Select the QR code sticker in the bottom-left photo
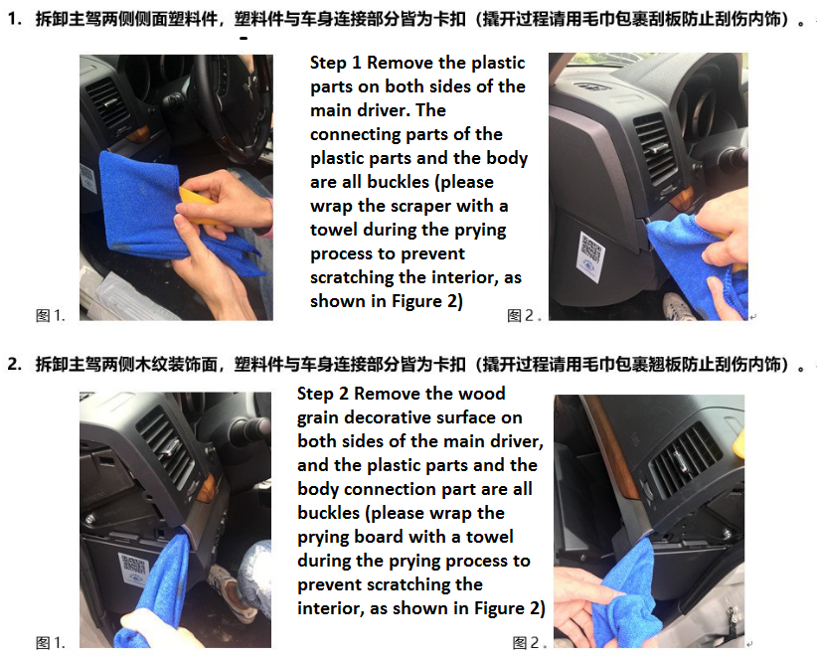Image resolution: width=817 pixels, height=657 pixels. [133, 570]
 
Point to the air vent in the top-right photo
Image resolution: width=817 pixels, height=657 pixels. [655, 148]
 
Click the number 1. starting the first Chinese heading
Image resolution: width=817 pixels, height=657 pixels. [15, 19]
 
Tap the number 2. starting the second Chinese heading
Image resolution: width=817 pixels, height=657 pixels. [15, 364]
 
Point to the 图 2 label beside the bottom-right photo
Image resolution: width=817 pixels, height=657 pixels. [529, 642]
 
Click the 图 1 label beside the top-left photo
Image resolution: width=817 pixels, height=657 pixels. [50, 315]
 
